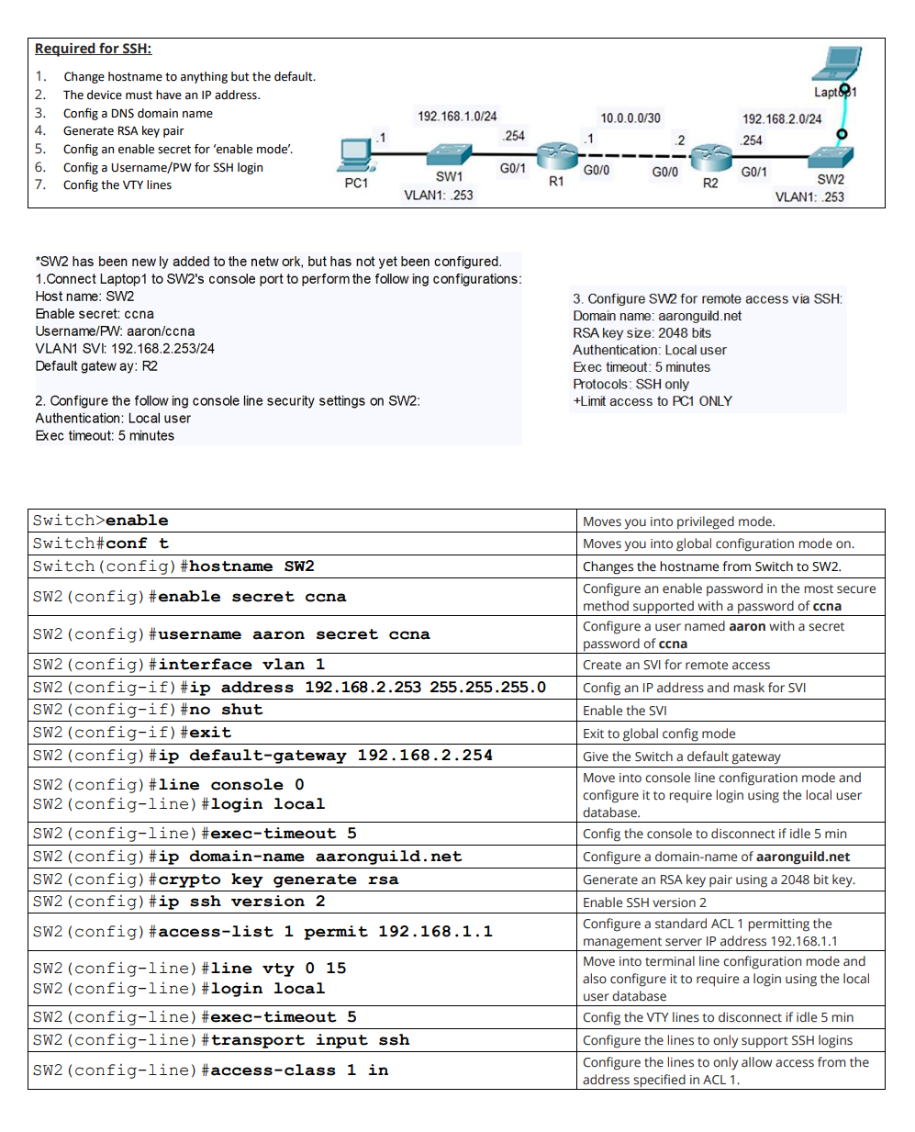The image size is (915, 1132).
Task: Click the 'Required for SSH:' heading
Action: pos(93,49)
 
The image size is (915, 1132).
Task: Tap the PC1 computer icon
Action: pos(355,155)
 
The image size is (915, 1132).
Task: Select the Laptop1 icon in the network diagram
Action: pos(837,65)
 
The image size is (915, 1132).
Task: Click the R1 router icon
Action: pos(556,156)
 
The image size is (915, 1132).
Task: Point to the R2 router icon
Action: pos(710,157)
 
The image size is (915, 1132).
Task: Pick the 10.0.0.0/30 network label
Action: pos(630,118)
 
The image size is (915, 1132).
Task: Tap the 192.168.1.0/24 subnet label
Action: pos(457,116)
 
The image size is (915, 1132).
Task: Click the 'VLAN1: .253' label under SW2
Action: pos(809,196)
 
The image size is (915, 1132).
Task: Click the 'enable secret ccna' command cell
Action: pos(252,597)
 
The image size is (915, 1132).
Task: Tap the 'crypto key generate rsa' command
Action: pos(278,880)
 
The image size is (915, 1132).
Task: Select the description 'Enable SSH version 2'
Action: pos(644,902)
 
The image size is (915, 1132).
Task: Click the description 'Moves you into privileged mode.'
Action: pos(678,521)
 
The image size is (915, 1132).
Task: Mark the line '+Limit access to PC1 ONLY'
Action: pos(653,401)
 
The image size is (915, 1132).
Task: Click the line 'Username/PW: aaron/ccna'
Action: pos(115,331)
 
